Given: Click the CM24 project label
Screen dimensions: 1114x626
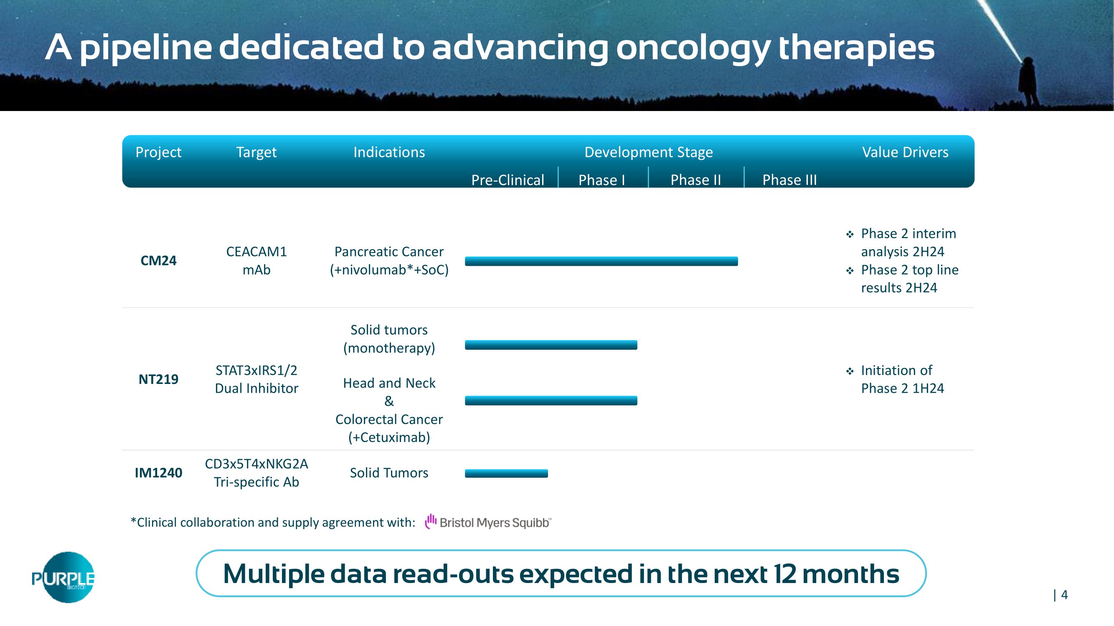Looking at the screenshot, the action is [x=158, y=260].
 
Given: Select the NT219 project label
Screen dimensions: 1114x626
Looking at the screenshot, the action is [x=158, y=379].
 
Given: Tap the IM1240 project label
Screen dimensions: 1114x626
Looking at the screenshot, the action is [x=158, y=473].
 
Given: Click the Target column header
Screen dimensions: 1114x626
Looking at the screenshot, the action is [x=256, y=152].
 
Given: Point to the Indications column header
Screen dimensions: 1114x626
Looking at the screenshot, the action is [x=389, y=152].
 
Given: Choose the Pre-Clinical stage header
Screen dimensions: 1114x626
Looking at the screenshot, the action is [x=508, y=180].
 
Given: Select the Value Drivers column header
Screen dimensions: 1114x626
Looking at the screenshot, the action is [x=905, y=152].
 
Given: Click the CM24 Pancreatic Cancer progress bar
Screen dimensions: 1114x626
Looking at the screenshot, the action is [x=601, y=261].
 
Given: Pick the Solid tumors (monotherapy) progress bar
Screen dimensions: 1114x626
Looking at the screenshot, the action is [x=551, y=345].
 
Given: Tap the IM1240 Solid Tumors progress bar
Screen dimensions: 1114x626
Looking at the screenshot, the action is [x=506, y=474].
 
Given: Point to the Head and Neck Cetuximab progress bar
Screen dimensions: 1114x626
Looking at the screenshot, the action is [x=551, y=401].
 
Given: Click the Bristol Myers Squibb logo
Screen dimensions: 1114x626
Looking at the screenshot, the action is [x=488, y=522].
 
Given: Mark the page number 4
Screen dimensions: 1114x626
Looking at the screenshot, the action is [x=1064, y=595].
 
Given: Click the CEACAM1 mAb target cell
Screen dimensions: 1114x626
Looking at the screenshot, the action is [x=256, y=260].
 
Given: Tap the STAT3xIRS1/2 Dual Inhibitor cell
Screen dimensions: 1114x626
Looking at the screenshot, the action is [x=256, y=379].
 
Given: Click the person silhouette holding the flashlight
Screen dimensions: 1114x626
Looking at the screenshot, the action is [x=1028, y=82].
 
